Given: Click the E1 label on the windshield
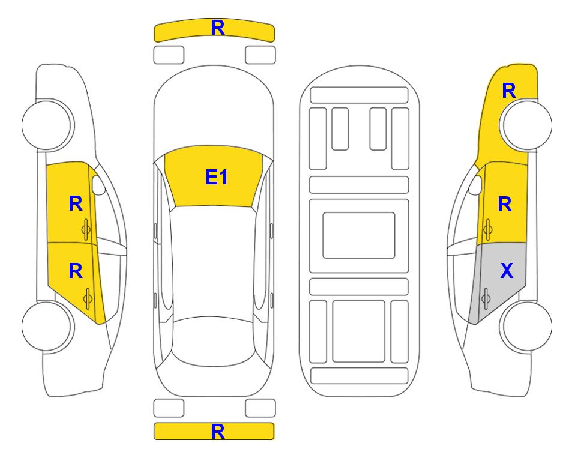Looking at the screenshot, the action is tap(217, 177).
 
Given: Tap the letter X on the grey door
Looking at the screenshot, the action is tap(507, 271).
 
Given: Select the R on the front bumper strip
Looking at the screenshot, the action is tap(218, 28).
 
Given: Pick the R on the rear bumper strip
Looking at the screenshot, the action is tap(218, 432).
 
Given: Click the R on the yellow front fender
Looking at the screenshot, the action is tap(509, 91).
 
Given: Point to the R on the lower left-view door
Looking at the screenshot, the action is tap(76, 271).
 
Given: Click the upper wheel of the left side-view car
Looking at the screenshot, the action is tap(47, 125).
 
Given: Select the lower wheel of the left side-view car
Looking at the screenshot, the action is tap(47, 326).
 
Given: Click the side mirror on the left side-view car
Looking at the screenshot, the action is tap(98, 185).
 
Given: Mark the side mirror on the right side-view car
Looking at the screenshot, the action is tap(475, 185).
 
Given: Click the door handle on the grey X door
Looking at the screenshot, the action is tap(486, 299).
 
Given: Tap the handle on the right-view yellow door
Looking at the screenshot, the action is tap(488, 229).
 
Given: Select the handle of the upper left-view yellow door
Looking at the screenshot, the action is tap(86, 229).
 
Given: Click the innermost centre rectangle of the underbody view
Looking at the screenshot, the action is tap(359, 235).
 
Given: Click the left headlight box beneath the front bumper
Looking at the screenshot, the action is tap(169, 55).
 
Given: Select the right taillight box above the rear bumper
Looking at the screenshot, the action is tap(260, 408).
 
